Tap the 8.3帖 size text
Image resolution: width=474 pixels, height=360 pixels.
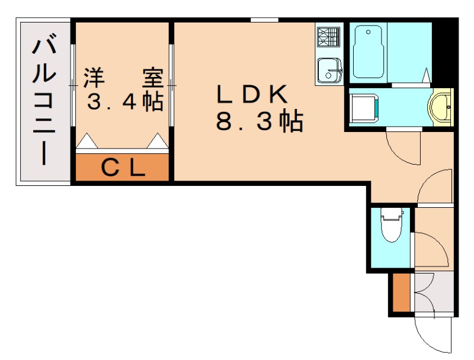click(x=260, y=123)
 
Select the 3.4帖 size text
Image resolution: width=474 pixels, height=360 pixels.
click(x=125, y=102)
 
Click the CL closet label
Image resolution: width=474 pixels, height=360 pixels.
click(x=123, y=169)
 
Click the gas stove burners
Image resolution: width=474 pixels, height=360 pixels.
click(x=329, y=38)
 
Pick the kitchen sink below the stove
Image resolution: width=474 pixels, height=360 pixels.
click(x=329, y=70)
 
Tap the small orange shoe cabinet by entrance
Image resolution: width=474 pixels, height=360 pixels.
click(x=401, y=293)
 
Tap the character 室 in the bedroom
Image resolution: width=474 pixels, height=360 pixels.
click(x=152, y=78)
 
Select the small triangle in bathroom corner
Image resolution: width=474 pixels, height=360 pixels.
click(x=427, y=75)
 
